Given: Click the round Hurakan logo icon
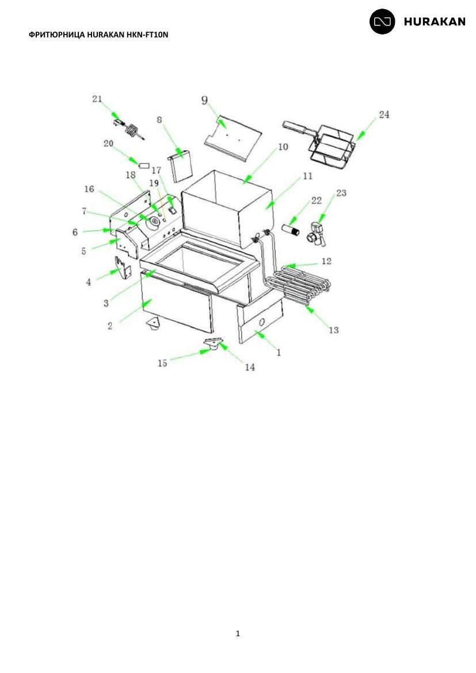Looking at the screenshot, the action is (382, 21).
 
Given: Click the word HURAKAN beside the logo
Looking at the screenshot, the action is (435, 22).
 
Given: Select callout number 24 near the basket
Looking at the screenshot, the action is (384, 114).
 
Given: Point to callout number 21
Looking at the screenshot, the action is (97, 99).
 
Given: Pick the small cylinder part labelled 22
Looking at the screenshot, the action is (292, 229).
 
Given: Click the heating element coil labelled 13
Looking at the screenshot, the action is (296, 285).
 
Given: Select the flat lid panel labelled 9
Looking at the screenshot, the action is (233, 137).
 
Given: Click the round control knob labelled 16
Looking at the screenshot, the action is (153, 221).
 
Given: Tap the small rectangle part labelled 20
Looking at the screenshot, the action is (145, 165).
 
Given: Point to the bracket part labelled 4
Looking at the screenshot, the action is (123, 268).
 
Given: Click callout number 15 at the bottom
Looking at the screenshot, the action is (162, 363).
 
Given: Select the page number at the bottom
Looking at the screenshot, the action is (238, 633).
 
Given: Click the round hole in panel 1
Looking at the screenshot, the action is (261, 323).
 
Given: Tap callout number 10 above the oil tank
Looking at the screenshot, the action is (283, 147).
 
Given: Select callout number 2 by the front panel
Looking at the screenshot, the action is (109, 326).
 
